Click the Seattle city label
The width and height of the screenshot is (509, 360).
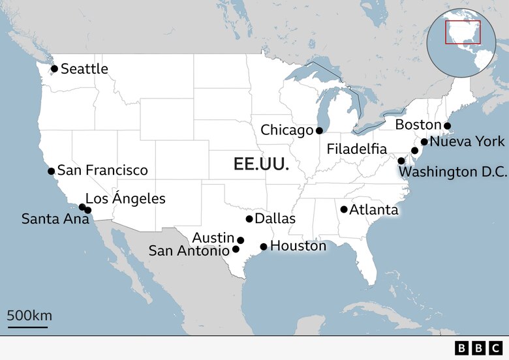(x=84, y=68)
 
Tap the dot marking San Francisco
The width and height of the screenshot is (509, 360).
(x=51, y=172)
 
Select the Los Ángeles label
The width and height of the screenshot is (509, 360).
(x=125, y=198)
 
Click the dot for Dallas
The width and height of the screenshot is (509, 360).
(x=249, y=219)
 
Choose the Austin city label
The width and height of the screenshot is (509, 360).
(x=213, y=237)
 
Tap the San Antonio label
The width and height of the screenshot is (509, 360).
(x=189, y=250)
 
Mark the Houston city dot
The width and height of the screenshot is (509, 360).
(x=264, y=247)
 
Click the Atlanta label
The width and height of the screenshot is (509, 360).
(x=374, y=210)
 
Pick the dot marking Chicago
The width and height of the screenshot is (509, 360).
(x=319, y=130)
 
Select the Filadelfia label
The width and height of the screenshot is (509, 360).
(x=357, y=149)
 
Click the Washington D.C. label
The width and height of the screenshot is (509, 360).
(x=453, y=172)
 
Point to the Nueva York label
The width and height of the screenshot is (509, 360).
(x=467, y=141)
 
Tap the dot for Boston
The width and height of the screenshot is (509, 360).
(x=447, y=126)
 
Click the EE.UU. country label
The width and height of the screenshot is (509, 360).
(x=261, y=164)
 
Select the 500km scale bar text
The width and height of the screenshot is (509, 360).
(x=29, y=316)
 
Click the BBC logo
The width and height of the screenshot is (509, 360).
(x=478, y=348)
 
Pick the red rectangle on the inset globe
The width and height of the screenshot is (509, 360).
(x=463, y=33)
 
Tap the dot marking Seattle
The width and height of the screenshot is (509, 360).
(x=54, y=68)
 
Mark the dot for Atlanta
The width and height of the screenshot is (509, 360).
(x=344, y=209)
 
